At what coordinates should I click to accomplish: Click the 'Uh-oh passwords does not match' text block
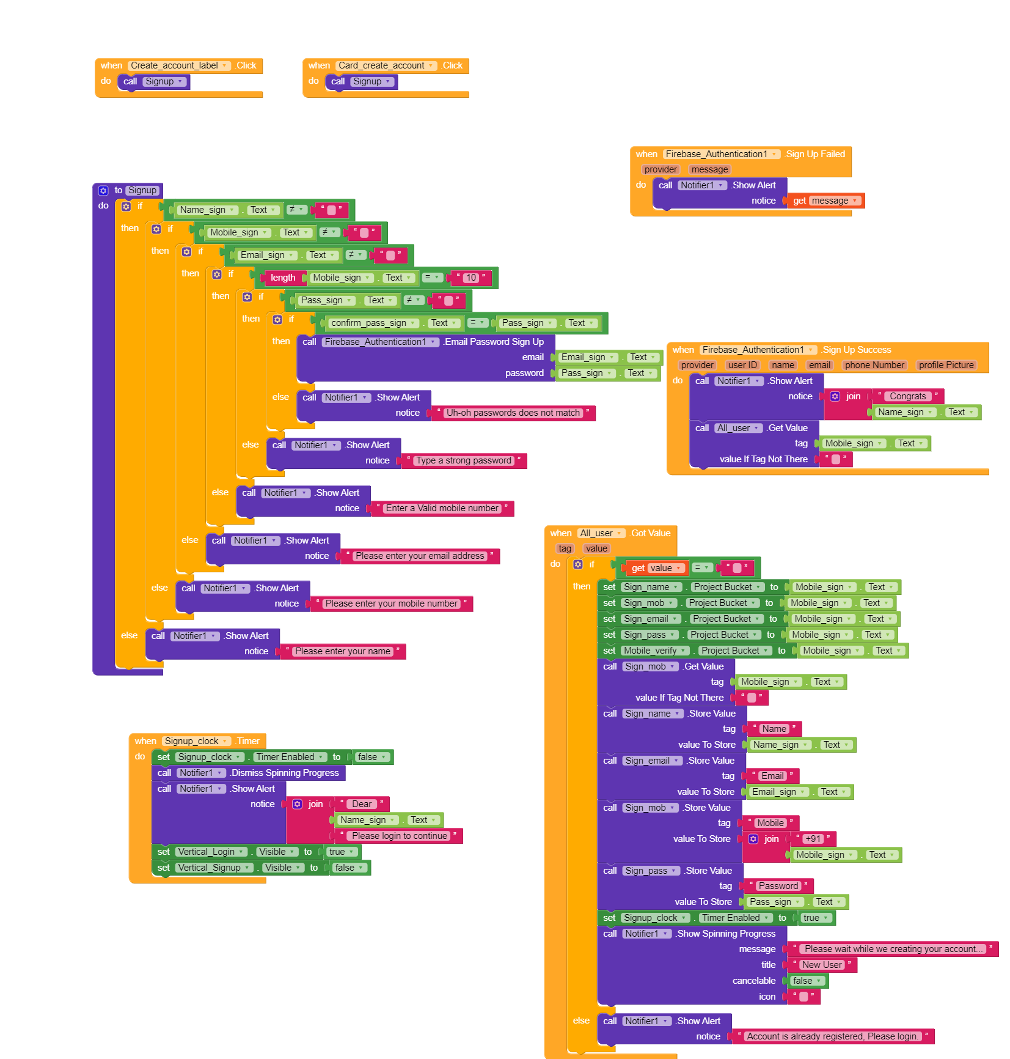pos(513,413)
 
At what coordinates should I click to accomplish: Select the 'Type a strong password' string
pos(464,460)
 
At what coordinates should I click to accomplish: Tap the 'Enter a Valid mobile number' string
pos(442,508)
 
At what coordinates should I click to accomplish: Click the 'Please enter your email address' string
pos(420,556)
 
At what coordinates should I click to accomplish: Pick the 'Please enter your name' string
pos(342,651)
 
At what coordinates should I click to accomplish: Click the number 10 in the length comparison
pos(470,278)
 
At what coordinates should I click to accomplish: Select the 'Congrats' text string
pos(907,396)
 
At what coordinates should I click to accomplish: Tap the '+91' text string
pos(813,839)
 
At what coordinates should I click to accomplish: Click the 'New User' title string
pos(822,965)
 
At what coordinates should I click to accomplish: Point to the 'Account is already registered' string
pos(832,1036)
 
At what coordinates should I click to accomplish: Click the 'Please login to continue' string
pos(400,836)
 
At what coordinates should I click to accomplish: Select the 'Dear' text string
pos(362,804)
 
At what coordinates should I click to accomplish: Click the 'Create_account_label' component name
pos(174,65)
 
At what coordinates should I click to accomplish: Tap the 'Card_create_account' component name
pos(381,65)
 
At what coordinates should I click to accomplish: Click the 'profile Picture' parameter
pos(946,365)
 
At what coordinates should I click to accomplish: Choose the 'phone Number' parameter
pos(874,365)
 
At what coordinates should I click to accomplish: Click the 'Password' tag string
pos(778,886)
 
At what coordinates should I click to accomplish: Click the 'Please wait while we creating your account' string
pos(893,949)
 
